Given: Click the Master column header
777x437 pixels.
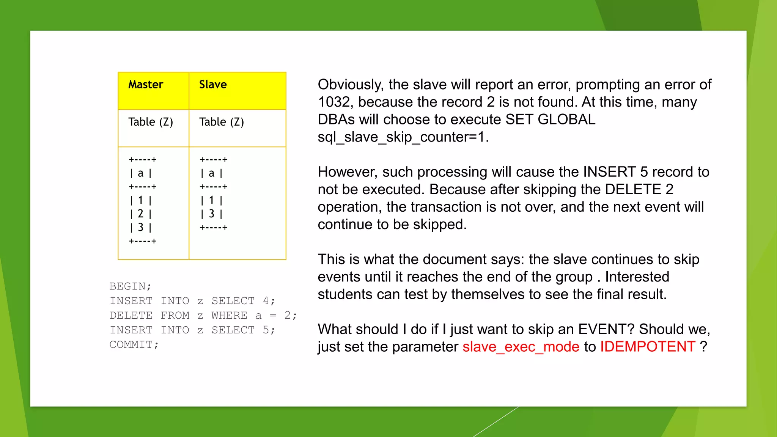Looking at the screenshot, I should (x=146, y=85).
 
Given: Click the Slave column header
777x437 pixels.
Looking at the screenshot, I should (x=213, y=85).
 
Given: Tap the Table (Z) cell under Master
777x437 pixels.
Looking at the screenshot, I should (x=151, y=122).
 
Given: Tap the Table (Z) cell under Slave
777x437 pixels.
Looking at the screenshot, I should (x=222, y=122).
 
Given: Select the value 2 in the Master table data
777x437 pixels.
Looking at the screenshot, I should (x=140, y=214).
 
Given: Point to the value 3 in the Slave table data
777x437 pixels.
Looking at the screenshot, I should (x=211, y=214).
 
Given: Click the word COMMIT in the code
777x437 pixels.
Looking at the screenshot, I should (x=131, y=345).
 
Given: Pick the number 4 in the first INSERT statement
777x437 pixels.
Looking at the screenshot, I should (x=266, y=301).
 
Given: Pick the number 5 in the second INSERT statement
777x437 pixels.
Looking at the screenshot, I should (x=266, y=330).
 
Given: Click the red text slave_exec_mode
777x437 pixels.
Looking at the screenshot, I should (x=521, y=347).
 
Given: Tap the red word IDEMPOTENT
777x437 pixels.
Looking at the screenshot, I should (x=647, y=347).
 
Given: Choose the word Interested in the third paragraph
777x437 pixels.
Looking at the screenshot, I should (x=637, y=277).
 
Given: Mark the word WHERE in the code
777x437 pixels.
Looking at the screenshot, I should (x=229, y=316).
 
